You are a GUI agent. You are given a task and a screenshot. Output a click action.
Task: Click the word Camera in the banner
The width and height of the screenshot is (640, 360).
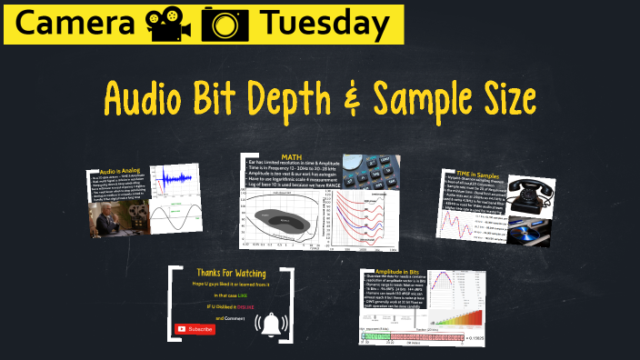coord(63,24)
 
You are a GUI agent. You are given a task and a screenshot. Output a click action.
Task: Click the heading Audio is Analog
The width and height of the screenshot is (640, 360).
coord(118,171)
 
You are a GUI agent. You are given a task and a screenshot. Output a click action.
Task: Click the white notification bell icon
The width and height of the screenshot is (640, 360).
coord(271,325)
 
